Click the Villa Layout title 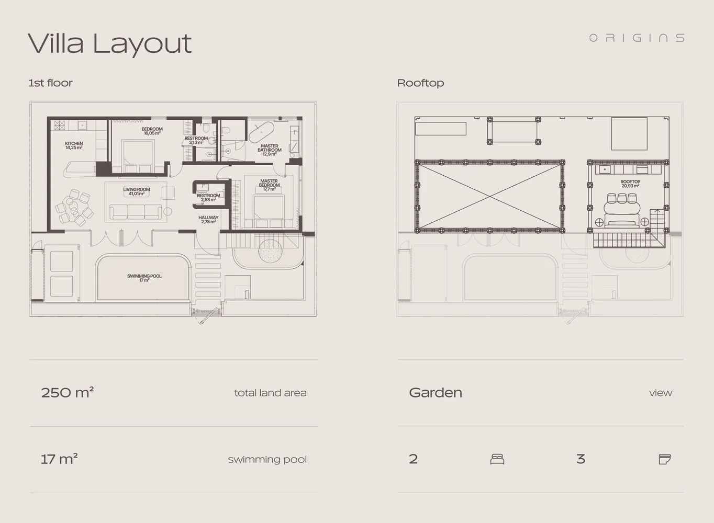[x=110, y=44]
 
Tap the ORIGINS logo [x=637, y=38]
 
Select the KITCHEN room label [x=74, y=145]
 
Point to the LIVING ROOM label [x=137, y=191]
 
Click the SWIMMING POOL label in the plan [x=144, y=278]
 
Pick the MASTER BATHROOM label [x=270, y=150]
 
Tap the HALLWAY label [x=208, y=220]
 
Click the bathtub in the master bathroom [x=261, y=132]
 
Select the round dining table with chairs [x=74, y=207]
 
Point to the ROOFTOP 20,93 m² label [x=630, y=184]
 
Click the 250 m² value [x=67, y=392]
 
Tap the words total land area [x=270, y=393]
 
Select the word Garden [x=436, y=393]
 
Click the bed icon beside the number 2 [x=497, y=459]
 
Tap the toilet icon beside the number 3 [x=665, y=459]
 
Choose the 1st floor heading [x=50, y=83]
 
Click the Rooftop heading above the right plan [x=420, y=83]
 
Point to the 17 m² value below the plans [x=59, y=459]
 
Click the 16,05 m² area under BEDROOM [x=152, y=133]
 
